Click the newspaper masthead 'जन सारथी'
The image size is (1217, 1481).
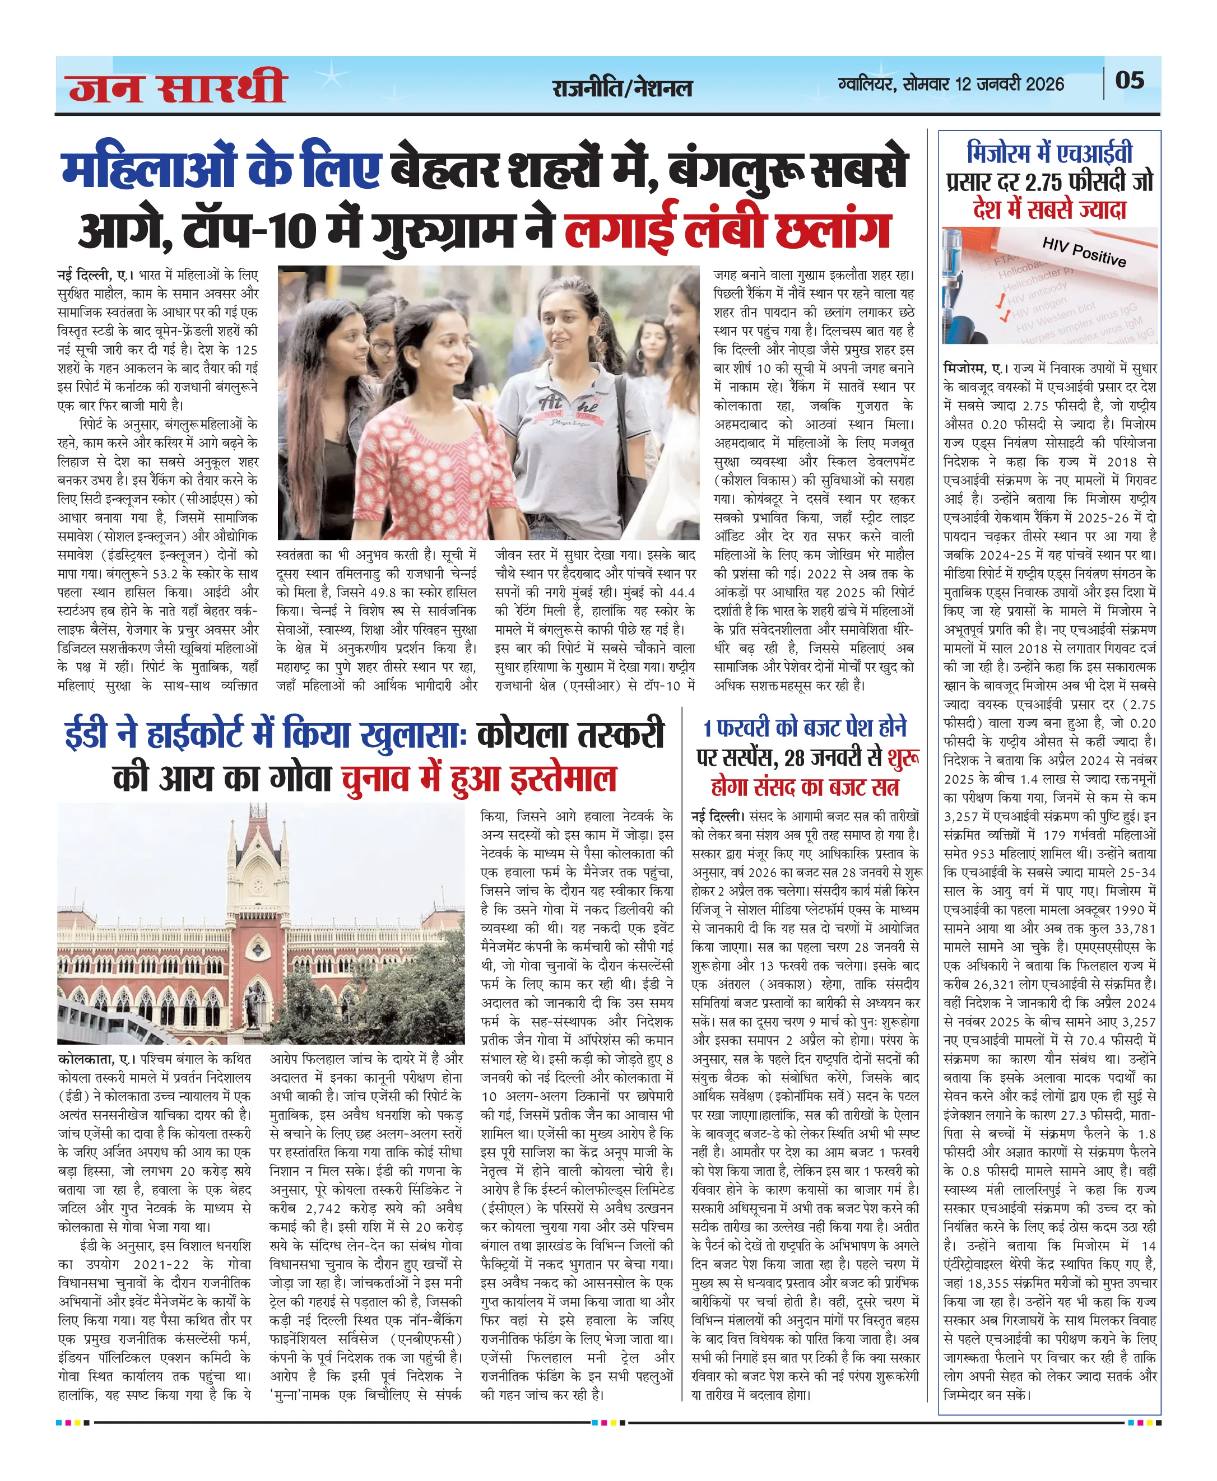pos(178,87)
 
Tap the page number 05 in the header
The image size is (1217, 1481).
pos(1130,81)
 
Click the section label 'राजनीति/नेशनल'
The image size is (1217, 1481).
pos(622,89)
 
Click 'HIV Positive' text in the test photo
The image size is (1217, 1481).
pos(1083,251)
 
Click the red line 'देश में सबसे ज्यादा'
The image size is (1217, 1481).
pos(1049,209)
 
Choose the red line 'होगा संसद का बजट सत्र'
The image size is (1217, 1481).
pos(804,787)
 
